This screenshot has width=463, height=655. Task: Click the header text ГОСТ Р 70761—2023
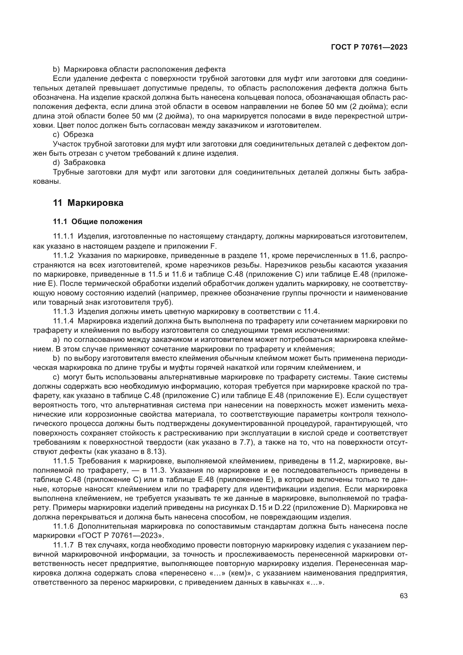[x=369, y=47]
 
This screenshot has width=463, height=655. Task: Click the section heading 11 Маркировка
[x=88, y=203]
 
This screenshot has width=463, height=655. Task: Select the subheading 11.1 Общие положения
[x=97, y=222]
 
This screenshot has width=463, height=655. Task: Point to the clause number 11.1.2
[x=63, y=255]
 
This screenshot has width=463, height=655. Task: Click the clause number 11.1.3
[x=63, y=311]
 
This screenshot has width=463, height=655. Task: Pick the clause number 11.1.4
[x=63, y=321]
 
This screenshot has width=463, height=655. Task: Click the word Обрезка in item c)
[x=78, y=134]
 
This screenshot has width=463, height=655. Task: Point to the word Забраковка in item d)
[x=84, y=163]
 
